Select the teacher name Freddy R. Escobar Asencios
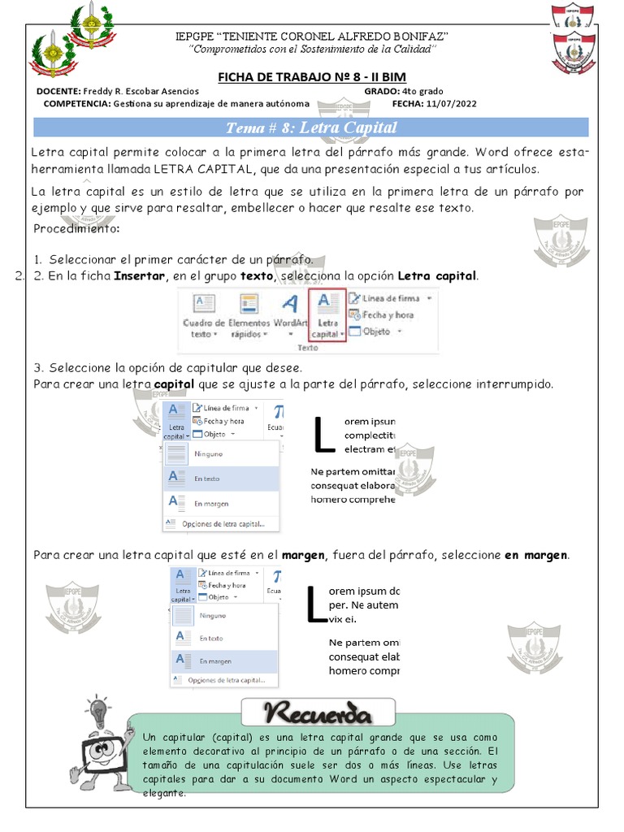pyautogui.click(x=141, y=91)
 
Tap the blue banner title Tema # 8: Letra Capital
pyautogui.click(x=311, y=128)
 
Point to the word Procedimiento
pyautogui.click(x=76, y=228)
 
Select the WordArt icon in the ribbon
pyautogui.click(x=289, y=313)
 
